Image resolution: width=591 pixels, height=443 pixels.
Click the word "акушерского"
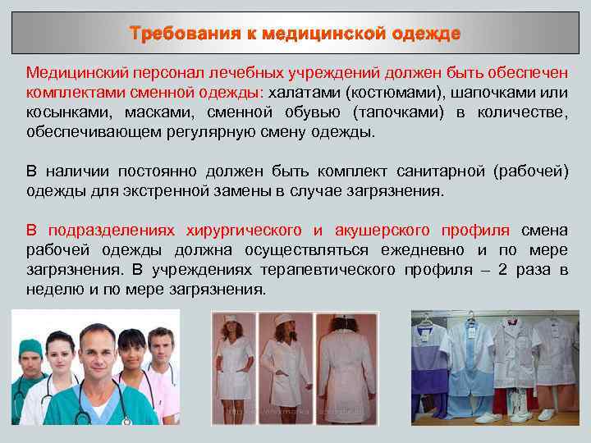click(x=387, y=231)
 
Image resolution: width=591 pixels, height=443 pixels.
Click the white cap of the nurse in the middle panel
click(x=286, y=317)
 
